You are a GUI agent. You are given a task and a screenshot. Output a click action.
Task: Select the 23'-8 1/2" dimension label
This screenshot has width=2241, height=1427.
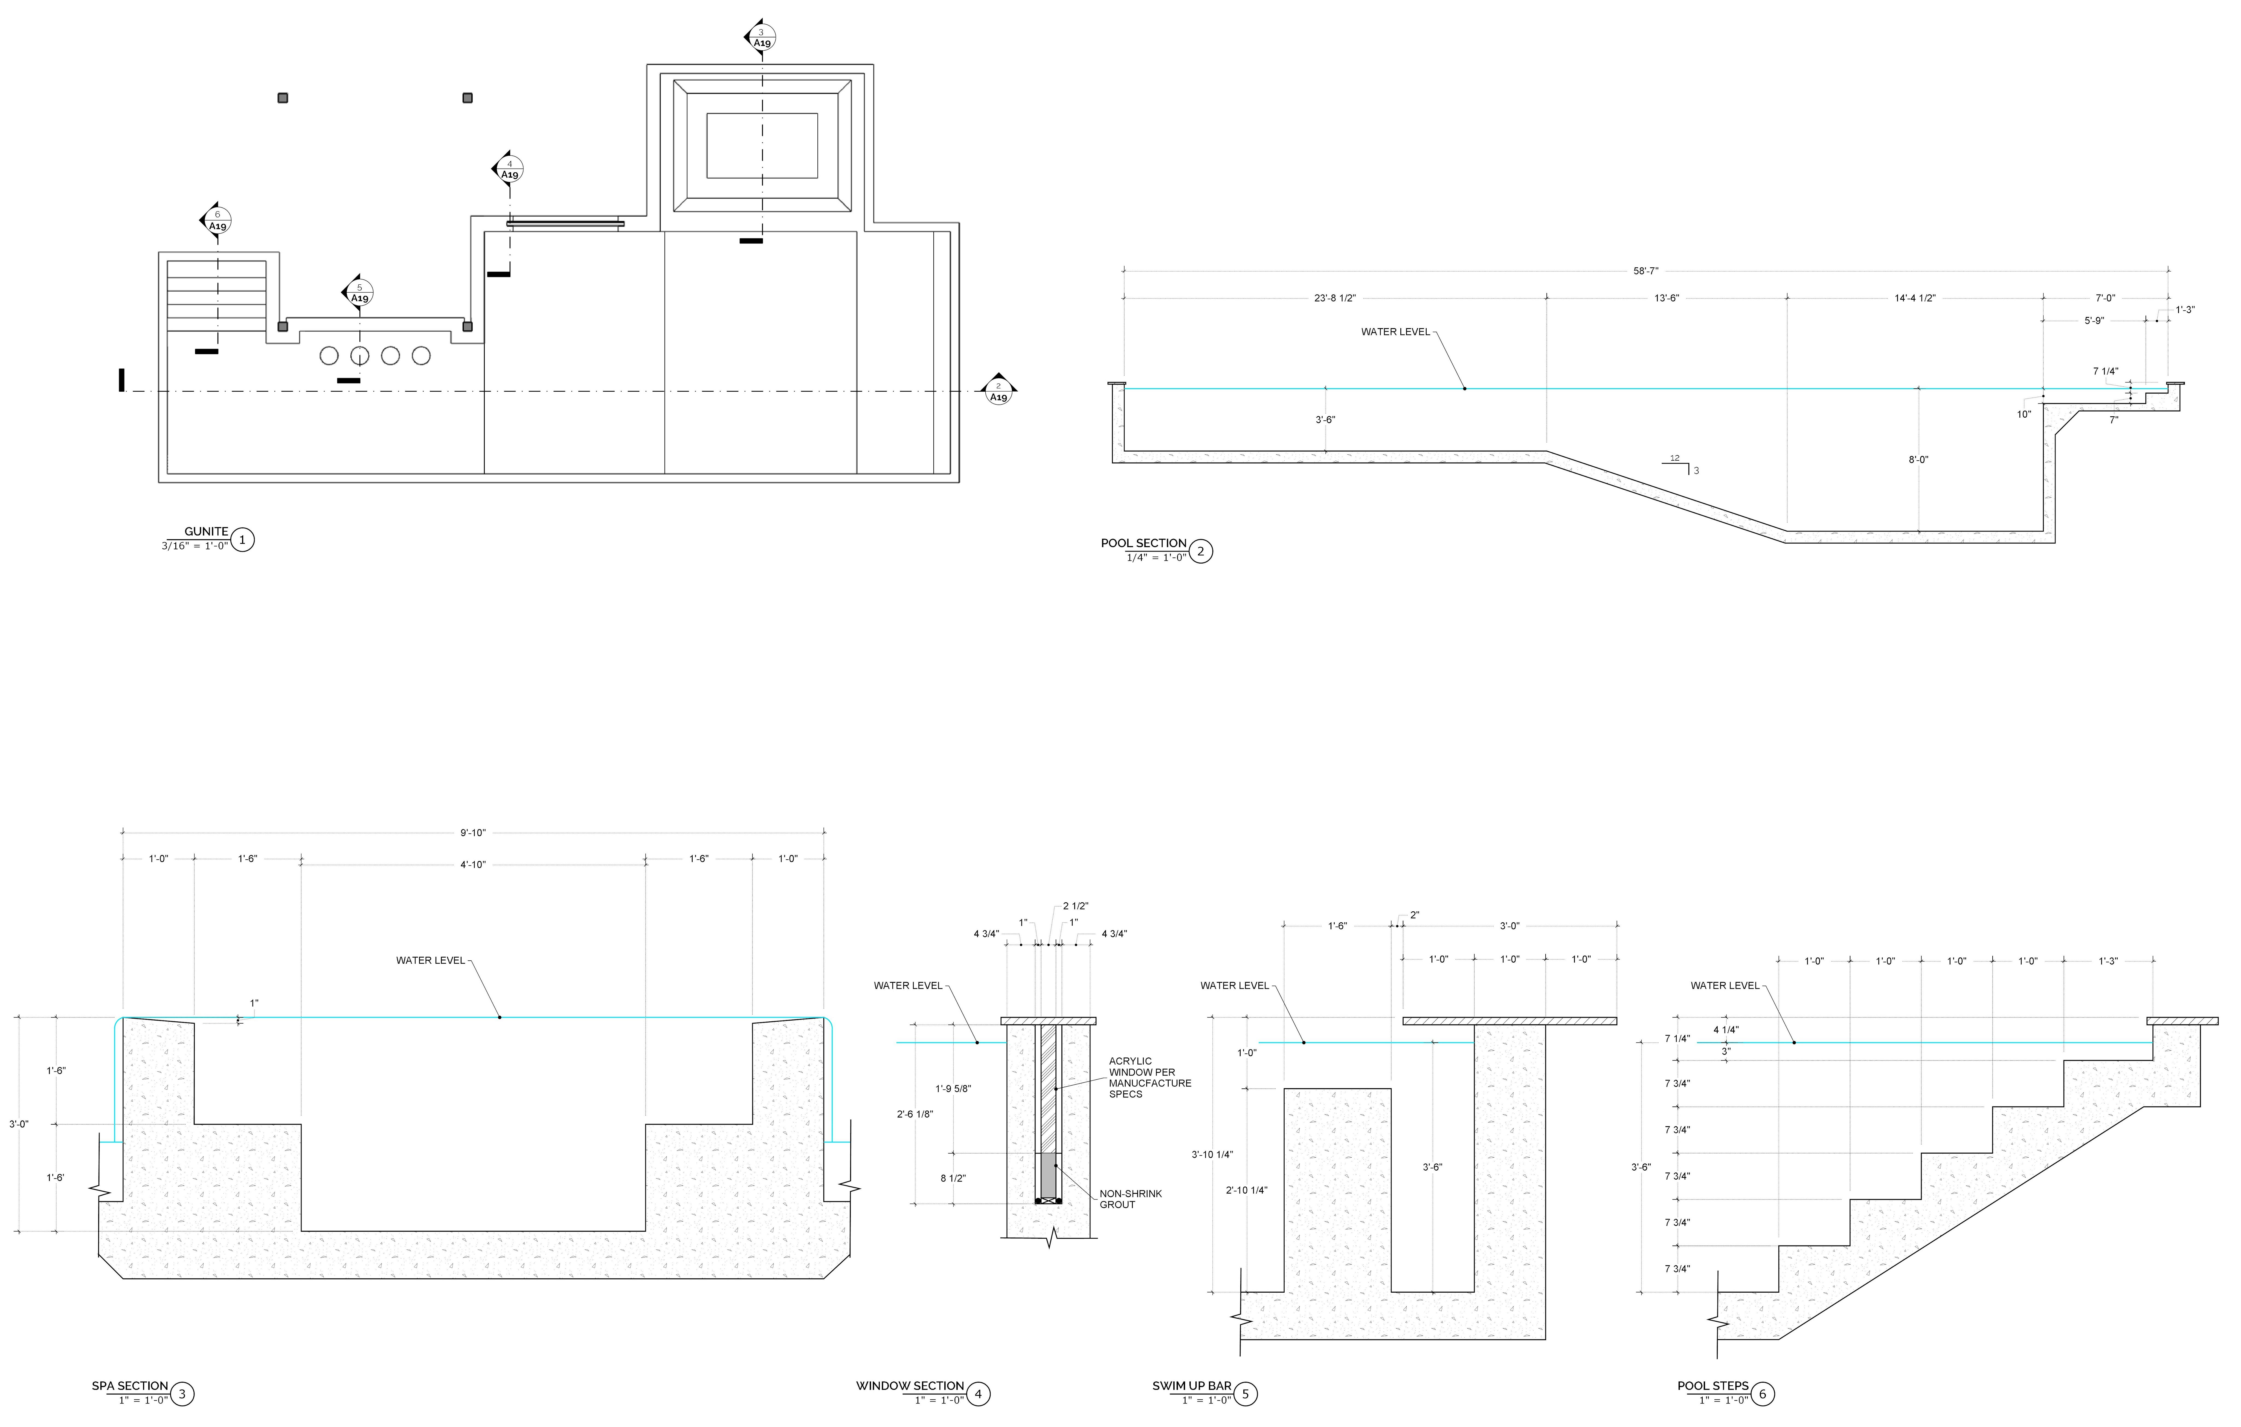[1334, 299]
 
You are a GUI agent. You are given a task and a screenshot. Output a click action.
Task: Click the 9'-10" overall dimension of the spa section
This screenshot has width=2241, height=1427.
[473, 833]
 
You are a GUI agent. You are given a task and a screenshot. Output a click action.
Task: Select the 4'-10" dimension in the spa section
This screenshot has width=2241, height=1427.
[473, 865]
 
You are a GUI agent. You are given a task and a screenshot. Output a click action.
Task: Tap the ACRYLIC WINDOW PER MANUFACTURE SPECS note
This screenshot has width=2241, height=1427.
[1149, 1077]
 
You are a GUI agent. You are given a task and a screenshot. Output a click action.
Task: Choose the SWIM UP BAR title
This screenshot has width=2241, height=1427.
[1191, 1386]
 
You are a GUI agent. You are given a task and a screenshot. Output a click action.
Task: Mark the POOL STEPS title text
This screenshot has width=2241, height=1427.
[1712, 1386]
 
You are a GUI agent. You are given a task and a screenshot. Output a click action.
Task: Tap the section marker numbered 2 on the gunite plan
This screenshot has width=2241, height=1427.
[998, 391]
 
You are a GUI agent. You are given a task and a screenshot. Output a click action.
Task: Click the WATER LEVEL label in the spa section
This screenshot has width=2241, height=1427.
[430, 961]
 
